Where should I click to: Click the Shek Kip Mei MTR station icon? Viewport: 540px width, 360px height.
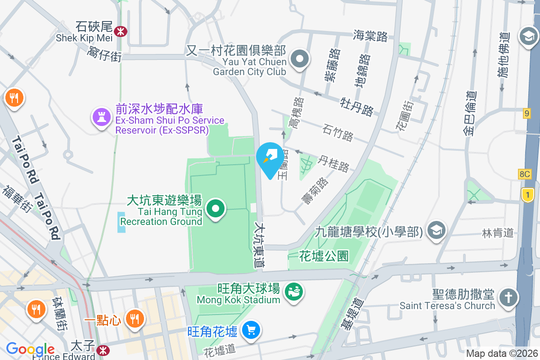(x=121, y=31)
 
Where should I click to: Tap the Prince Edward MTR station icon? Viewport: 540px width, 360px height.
(x=103, y=349)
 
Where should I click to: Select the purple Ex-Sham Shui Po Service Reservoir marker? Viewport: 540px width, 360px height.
(x=102, y=117)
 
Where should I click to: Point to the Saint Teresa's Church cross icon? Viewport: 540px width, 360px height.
(x=508, y=297)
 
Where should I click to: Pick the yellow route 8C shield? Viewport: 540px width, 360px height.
(x=524, y=174)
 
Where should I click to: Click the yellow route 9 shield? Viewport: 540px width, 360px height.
(x=527, y=113)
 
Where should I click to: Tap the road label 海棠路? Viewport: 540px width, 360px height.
(x=370, y=36)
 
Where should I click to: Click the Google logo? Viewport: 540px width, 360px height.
(x=30, y=349)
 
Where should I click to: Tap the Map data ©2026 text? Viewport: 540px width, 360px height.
(x=502, y=353)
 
